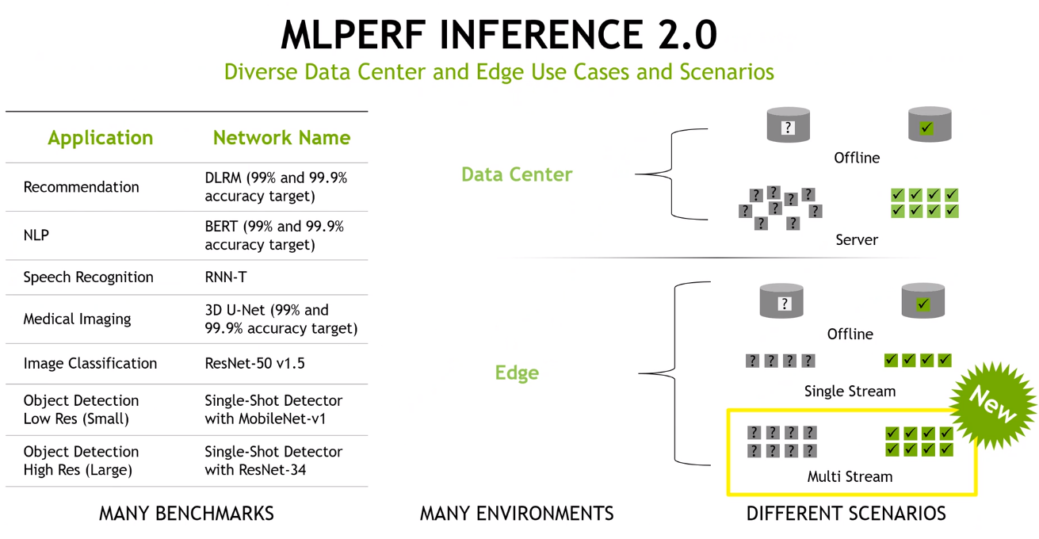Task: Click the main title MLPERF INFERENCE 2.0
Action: (x=499, y=35)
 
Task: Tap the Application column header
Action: (x=100, y=138)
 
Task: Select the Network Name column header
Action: (x=281, y=138)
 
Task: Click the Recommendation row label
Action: (x=81, y=187)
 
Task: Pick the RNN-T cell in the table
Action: (x=226, y=277)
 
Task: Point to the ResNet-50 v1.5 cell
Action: (x=254, y=363)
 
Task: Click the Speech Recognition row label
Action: (x=88, y=277)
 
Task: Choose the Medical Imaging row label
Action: (x=77, y=319)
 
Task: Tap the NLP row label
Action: (x=36, y=235)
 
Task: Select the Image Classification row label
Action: (x=90, y=363)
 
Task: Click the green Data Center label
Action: (x=517, y=174)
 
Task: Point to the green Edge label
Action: (x=517, y=373)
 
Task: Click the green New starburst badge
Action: (x=992, y=406)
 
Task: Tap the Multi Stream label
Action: (x=850, y=476)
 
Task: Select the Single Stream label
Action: (x=850, y=391)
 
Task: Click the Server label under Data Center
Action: (x=857, y=240)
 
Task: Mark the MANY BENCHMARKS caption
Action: (x=186, y=514)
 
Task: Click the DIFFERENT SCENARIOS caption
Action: (x=846, y=514)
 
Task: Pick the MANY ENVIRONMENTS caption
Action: (x=517, y=514)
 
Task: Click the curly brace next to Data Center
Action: (x=671, y=174)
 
